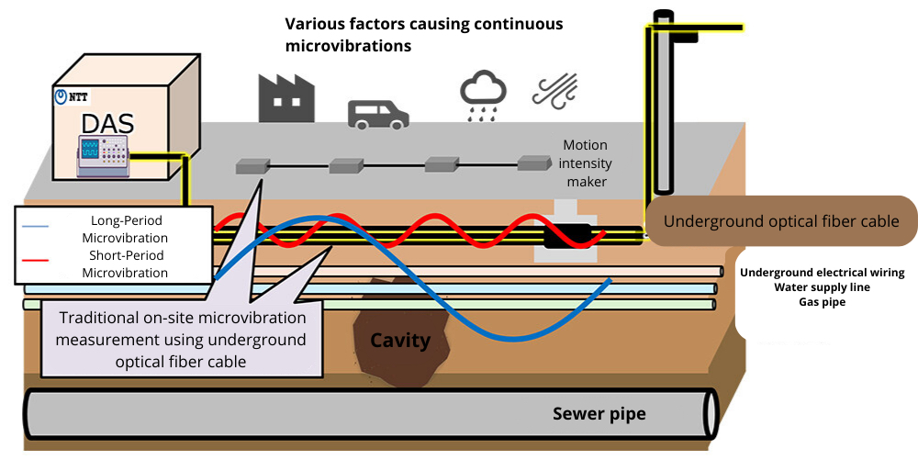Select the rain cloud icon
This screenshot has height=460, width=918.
(482, 96)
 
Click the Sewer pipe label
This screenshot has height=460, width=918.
(599, 413)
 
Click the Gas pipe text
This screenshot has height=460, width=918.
(822, 301)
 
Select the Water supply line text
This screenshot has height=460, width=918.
(822, 287)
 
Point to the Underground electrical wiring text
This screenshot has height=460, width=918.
(822, 273)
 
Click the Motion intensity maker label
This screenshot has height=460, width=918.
(586, 164)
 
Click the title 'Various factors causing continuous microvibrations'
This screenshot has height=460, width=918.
(423, 34)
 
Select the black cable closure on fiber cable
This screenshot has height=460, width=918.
(569, 235)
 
